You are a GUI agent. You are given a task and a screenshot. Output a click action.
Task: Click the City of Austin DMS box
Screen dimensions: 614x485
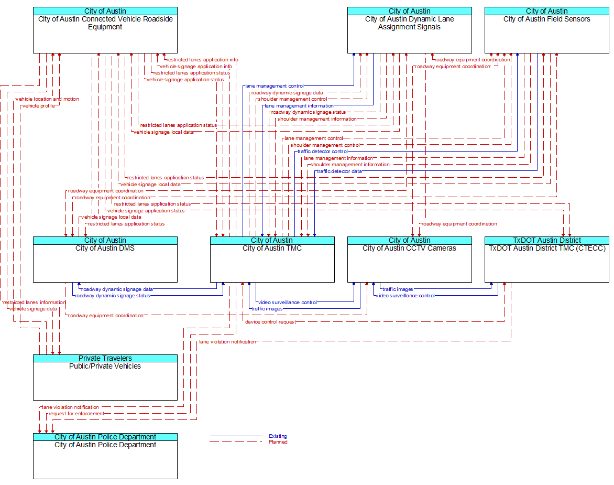click(105, 260)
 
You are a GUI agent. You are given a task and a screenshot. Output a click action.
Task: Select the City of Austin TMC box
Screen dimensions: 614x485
click(272, 260)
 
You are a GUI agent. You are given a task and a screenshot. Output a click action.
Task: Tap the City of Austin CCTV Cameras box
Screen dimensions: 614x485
click(409, 260)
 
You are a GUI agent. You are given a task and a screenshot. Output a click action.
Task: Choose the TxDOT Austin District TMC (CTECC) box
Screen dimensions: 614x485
click(546, 260)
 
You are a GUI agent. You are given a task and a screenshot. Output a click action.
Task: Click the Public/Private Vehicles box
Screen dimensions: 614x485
click(105, 378)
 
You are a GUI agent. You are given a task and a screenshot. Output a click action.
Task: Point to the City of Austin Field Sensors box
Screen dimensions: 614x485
click(546, 30)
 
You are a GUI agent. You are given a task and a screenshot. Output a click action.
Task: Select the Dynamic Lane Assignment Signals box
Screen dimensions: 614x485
click(409, 30)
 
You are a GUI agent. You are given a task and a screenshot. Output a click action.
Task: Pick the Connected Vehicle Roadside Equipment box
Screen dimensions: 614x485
click(105, 30)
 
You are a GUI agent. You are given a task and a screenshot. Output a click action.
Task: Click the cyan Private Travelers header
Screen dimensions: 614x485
click(105, 358)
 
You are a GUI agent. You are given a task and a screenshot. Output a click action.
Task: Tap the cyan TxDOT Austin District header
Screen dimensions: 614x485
click(546, 240)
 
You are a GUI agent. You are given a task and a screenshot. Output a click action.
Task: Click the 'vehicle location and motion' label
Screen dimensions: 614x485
click(47, 99)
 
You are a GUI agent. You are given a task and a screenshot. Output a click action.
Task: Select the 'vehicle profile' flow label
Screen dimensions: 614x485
click(38, 106)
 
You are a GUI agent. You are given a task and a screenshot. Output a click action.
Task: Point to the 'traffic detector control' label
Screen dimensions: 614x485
click(322, 152)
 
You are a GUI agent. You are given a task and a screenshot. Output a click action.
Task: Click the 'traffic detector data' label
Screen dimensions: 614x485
click(339, 171)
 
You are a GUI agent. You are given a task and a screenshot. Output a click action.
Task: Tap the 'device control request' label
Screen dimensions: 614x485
click(270, 322)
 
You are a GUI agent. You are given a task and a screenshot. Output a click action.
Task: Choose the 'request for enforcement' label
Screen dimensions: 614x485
click(76, 414)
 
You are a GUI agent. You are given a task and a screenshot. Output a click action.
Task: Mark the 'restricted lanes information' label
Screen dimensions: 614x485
click(34, 303)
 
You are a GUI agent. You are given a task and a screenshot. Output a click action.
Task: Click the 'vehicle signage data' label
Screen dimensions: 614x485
click(33, 309)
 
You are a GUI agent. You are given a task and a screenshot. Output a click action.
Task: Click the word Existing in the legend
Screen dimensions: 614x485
click(278, 436)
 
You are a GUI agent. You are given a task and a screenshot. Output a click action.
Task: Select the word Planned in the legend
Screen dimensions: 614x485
click(278, 442)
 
